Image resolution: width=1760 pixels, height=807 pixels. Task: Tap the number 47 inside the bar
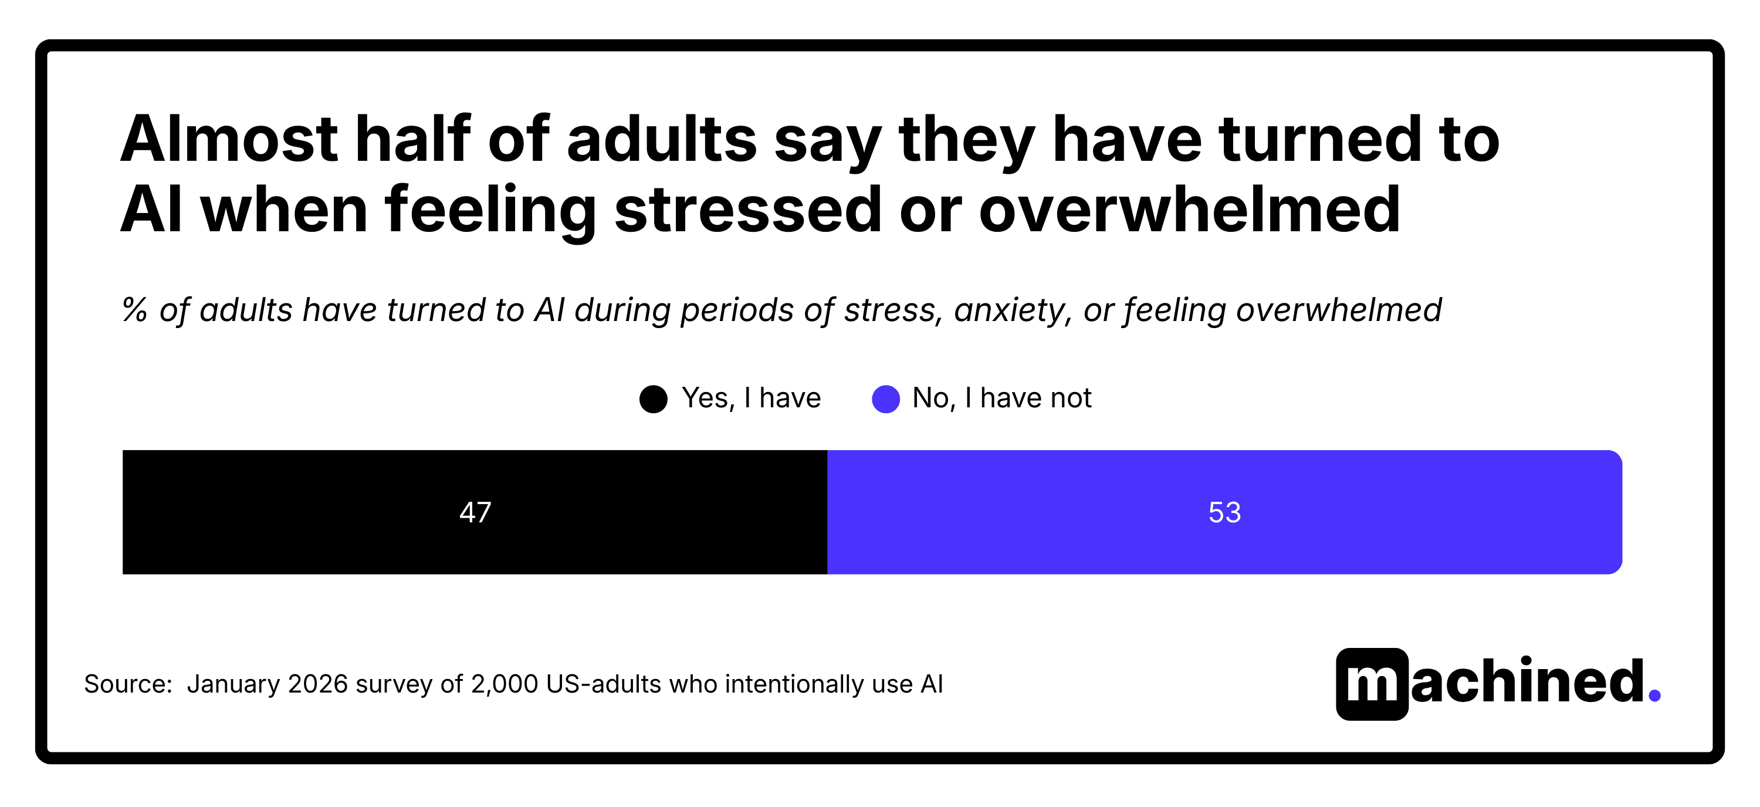click(x=475, y=512)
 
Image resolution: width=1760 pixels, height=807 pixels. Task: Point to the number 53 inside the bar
click(x=1224, y=512)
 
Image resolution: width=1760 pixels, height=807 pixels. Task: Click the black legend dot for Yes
click(x=653, y=399)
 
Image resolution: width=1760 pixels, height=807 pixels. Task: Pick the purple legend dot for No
click(x=885, y=399)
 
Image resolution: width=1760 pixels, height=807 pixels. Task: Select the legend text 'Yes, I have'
click(x=751, y=398)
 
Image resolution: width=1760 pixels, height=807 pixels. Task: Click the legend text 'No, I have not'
click(x=1001, y=398)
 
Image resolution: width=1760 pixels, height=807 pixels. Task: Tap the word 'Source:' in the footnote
click(x=128, y=684)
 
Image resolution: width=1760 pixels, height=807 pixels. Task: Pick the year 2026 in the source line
click(x=318, y=684)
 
